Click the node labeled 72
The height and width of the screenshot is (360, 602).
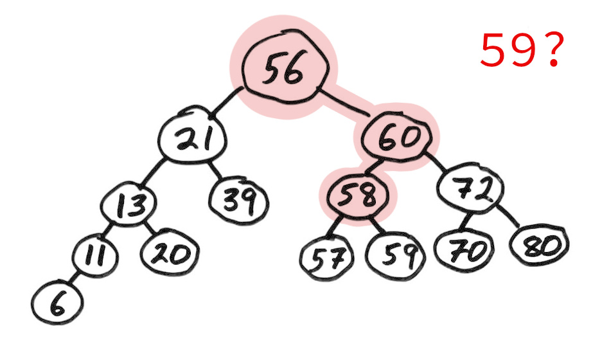[x=471, y=188]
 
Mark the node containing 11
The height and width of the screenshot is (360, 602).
[x=94, y=255]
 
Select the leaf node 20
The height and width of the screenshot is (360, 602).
[x=170, y=252]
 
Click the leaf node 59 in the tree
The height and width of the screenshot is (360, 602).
[x=396, y=255]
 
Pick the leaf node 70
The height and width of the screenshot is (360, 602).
[x=464, y=249]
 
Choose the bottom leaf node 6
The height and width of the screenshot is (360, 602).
[x=57, y=303]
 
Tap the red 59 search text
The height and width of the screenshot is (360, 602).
[x=508, y=50]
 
